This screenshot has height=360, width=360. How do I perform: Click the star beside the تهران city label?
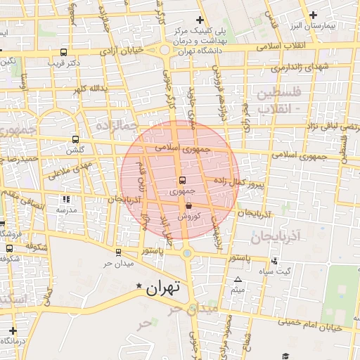pos(139,287)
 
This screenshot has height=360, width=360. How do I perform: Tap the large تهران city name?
pos(165,287)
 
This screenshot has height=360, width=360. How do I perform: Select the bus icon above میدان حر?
pos(118,252)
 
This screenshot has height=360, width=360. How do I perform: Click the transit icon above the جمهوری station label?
pos(182,180)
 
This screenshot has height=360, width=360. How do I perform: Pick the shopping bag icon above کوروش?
pos(188,205)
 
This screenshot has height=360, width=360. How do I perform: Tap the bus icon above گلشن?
pos(76,139)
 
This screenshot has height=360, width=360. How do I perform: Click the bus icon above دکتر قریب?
pos(64,51)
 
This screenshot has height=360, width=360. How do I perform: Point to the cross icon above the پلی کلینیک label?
pos(200,20)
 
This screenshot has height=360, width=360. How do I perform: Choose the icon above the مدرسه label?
pos(66,199)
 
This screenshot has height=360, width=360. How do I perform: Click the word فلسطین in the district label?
pos(278,93)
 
